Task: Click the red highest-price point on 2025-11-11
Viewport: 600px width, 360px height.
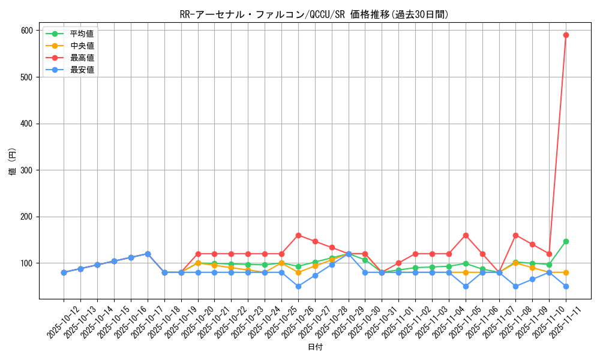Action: click(x=566, y=35)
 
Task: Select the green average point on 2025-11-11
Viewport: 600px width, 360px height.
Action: click(x=566, y=241)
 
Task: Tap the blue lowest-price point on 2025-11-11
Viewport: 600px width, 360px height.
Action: click(x=566, y=286)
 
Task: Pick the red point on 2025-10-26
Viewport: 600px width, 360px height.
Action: click(x=298, y=235)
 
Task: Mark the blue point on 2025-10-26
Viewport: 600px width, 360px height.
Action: click(x=298, y=286)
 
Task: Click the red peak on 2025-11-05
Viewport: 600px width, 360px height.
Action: click(x=466, y=235)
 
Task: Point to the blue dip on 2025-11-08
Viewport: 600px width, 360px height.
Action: click(x=515, y=286)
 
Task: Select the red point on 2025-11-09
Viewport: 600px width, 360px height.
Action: click(x=532, y=244)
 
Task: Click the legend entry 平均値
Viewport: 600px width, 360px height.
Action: click(x=82, y=34)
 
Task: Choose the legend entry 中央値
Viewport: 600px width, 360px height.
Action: click(x=82, y=46)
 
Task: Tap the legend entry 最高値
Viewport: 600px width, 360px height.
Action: click(x=82, y=58)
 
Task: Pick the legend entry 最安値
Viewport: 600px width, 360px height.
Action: click(x=82, y=70)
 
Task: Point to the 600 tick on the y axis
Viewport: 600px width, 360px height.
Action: click(x=28, y=31)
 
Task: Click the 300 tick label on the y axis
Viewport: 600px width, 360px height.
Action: click(x=28, y=170)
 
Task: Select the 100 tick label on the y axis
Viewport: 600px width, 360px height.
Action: click(x=28, y=263)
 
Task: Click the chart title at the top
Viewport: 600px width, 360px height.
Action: click(x=314, y=14)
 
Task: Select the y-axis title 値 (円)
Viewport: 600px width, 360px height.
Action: click(x=13, y=162)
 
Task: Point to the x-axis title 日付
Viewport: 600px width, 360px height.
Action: click(x=314, y=347)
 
